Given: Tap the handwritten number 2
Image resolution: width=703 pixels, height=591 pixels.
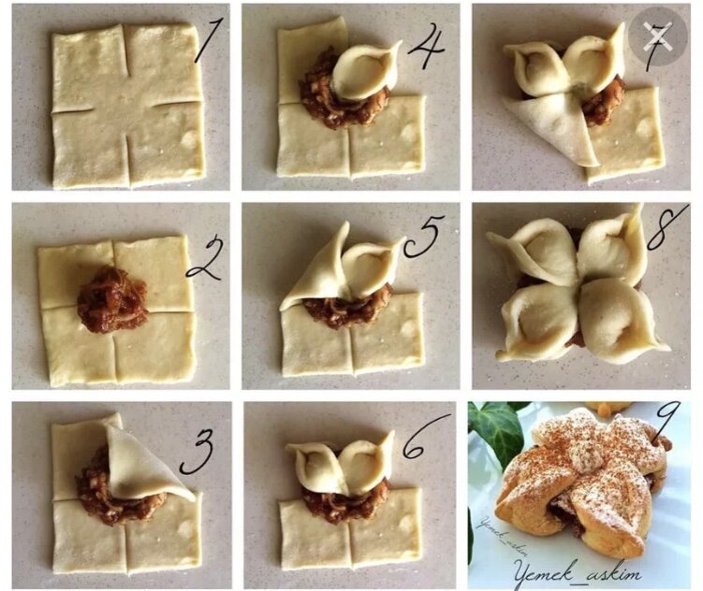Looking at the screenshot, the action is (x=204, y=261).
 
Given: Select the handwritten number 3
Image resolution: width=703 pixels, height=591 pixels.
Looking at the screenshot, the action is (x=198, y=452).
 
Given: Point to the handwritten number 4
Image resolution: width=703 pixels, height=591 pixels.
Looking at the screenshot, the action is (x=426, y=46).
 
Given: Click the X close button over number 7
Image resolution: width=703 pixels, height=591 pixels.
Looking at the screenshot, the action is (x=657, y=36).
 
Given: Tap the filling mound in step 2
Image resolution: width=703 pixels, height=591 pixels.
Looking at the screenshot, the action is (x=112, y=299).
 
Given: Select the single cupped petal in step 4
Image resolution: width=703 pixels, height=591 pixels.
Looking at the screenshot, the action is (x=365, y=69).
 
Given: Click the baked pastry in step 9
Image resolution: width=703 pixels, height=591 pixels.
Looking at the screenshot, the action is (x=583, y=482).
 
